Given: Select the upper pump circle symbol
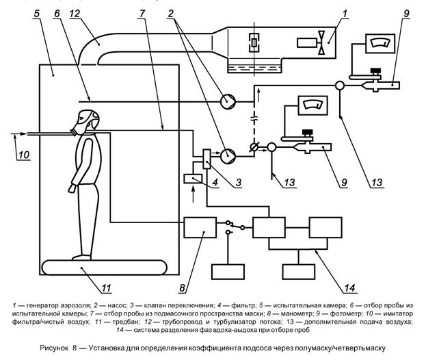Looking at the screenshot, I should (227, 101).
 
